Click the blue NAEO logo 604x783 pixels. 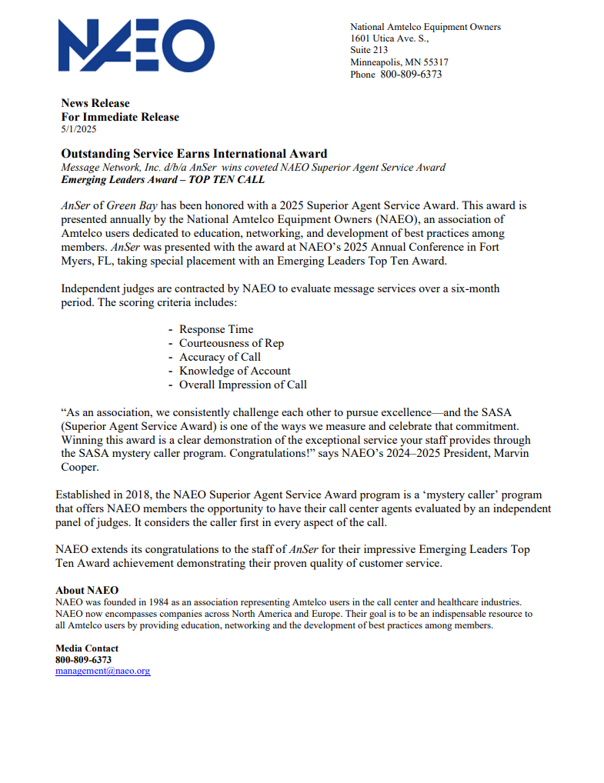click(136, 45)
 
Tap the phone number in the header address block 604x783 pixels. click(411, 75)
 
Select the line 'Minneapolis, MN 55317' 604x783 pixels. click(399, 62)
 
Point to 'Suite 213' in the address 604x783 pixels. click(369, 50)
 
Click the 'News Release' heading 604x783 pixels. click(95, 103)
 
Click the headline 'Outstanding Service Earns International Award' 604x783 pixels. click(194, 154)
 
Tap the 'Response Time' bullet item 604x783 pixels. click(215, 329)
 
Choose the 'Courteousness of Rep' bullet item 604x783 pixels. click(231, 343)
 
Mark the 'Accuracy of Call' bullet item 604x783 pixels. click(219, 357)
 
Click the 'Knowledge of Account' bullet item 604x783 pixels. click(235, 371)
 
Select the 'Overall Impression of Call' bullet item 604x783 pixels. click(242, 385)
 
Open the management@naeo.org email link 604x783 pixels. click(102, 671)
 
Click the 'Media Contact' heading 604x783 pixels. click(87, 648)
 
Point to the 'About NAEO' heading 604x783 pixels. click(87, 591)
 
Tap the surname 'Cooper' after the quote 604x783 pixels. click(80, 467)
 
